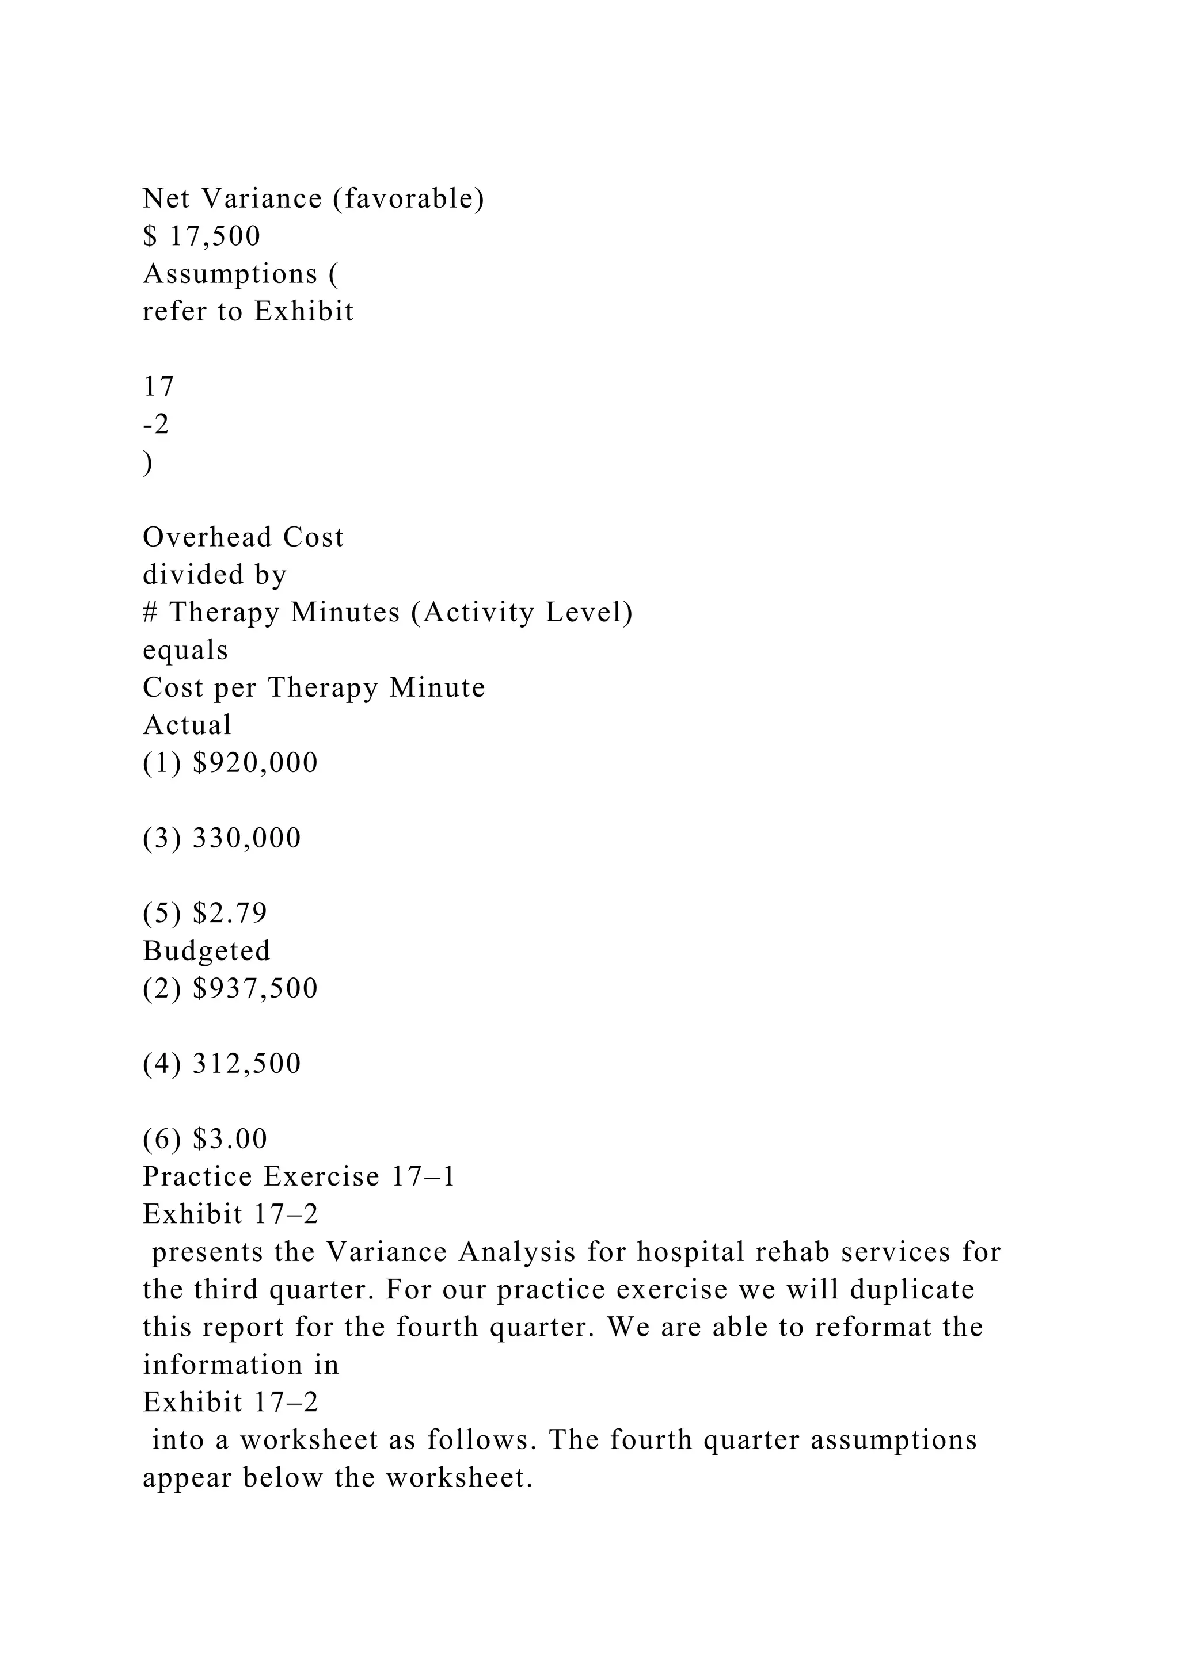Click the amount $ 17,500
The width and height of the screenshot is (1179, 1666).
click(x=202, y=236)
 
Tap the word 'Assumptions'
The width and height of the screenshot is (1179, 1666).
click(x=230, y=274)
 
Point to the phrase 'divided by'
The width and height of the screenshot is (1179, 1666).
click(x=215, y=575)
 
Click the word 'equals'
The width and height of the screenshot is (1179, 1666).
click(x=185, y=650)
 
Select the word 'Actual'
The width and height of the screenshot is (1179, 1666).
click(x=187, y=725)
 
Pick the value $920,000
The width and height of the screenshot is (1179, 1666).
click(x=256, y=763)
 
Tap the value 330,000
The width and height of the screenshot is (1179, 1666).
click(x=247, y=838)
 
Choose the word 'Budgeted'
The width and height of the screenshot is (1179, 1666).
click(x=207, y=950)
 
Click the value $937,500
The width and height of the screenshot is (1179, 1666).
click(x=256, y=988)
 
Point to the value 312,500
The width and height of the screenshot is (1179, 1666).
click(x=247, y=1064)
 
